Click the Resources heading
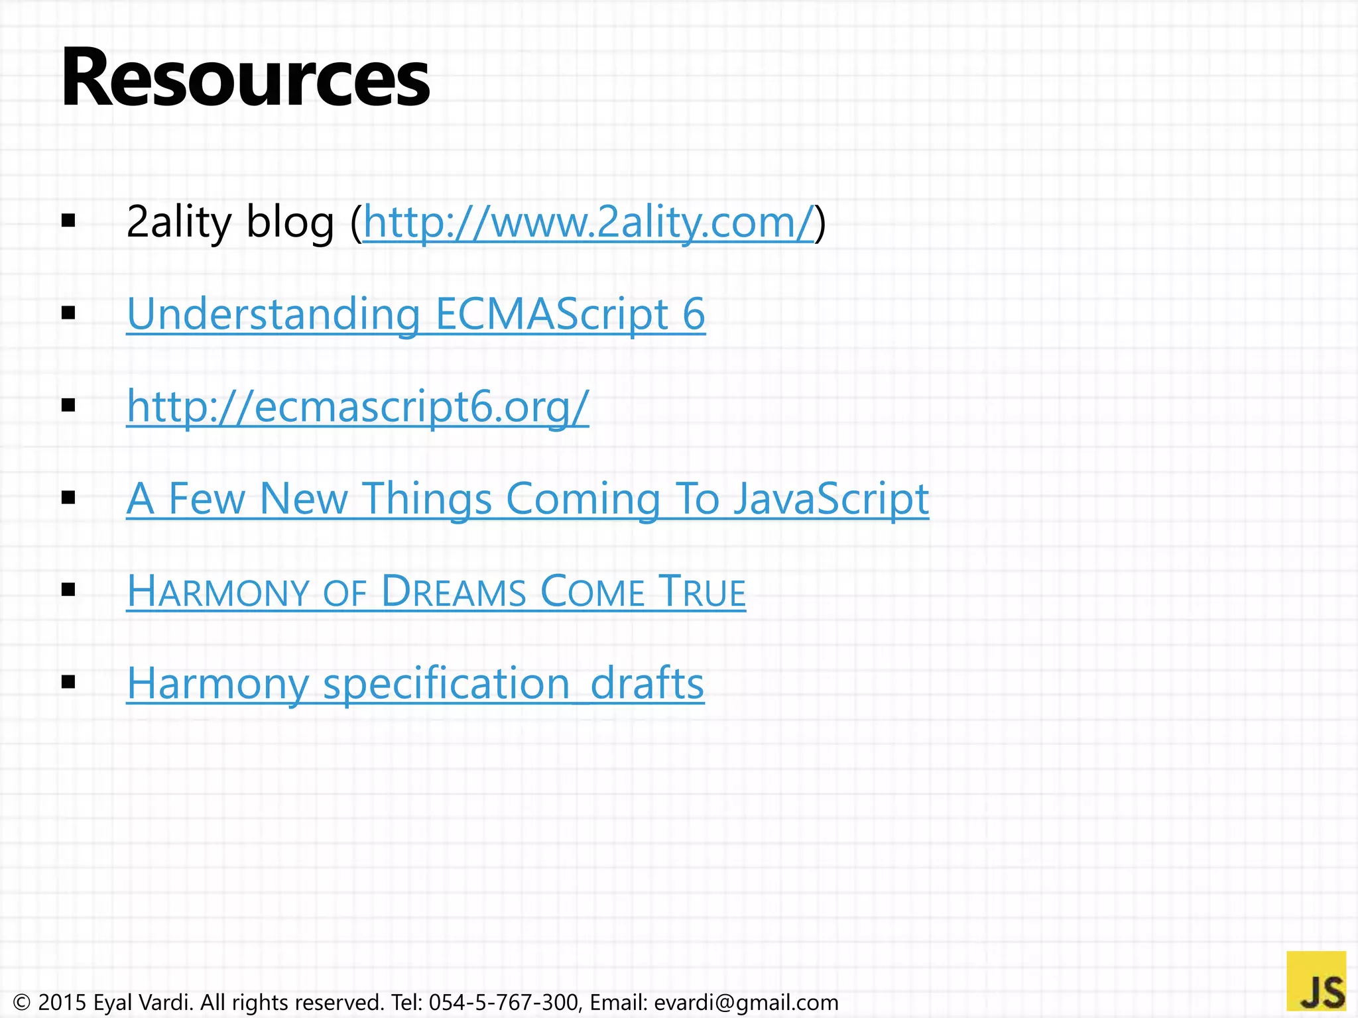pos(245,78)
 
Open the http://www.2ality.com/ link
pos(588,223)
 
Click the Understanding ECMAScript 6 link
pos(416,314)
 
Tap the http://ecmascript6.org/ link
pos(357,406)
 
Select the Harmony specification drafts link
pos(415,683)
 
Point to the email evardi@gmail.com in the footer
pos(746,1002)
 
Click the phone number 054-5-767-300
pos(503,1002)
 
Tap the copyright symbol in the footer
pos(22,1002)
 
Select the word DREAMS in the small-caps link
pos(454,591)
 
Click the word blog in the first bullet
pos(290,223)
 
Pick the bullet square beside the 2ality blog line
pos(68,221)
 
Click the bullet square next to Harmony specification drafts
pos(68,681)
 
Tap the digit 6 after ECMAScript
pos(694,314)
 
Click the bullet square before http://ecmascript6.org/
pos(68,405)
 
